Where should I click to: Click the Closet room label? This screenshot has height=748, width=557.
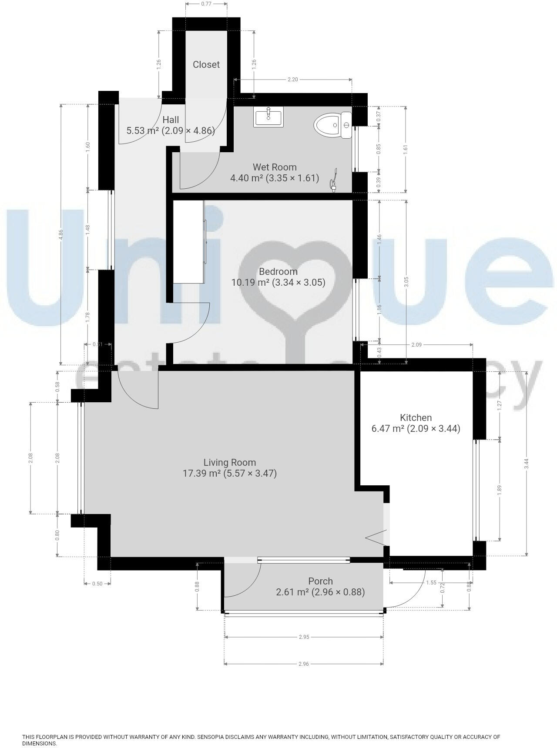[x=206, y=64]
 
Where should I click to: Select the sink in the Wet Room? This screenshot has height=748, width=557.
[x=268, y=117]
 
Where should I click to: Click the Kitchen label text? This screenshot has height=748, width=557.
[x=416, y=417]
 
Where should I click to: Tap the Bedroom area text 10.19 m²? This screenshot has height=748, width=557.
[x=250, y=283]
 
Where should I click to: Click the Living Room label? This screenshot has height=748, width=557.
[x=229, y=462]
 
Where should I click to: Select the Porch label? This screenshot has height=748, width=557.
[x=320, y=581]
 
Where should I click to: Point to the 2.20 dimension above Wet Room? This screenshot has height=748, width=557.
[x=293, y=80]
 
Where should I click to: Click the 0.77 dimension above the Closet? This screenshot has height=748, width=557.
[x=206, y=4]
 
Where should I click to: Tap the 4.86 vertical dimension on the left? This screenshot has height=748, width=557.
[x=61, y=234]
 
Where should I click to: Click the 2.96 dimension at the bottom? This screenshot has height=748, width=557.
[x=303, y=664]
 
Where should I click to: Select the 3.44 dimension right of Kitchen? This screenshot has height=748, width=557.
[x=527, y=464]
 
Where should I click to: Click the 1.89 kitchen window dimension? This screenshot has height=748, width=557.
[x=500, y=489]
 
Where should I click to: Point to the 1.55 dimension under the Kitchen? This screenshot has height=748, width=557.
[x=431, y=583]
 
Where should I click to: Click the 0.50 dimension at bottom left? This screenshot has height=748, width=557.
[x=97, y=584]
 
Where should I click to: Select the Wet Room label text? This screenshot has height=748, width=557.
[x=275, y=167]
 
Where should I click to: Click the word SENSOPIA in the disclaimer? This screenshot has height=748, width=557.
[x=212, y=737]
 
